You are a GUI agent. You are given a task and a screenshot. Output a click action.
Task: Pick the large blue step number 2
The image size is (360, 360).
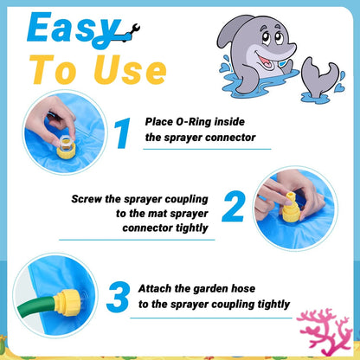(234, 208)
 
